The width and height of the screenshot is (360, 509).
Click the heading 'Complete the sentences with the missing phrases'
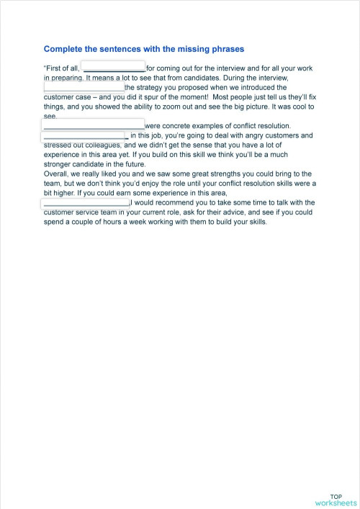pos(144,49)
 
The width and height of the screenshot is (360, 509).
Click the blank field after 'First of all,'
pos(114,69)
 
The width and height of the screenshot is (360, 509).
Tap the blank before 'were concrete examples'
pos(94,125)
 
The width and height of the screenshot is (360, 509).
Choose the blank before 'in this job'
pos(84,135)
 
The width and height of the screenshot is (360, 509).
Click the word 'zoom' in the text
pos(182,107)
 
